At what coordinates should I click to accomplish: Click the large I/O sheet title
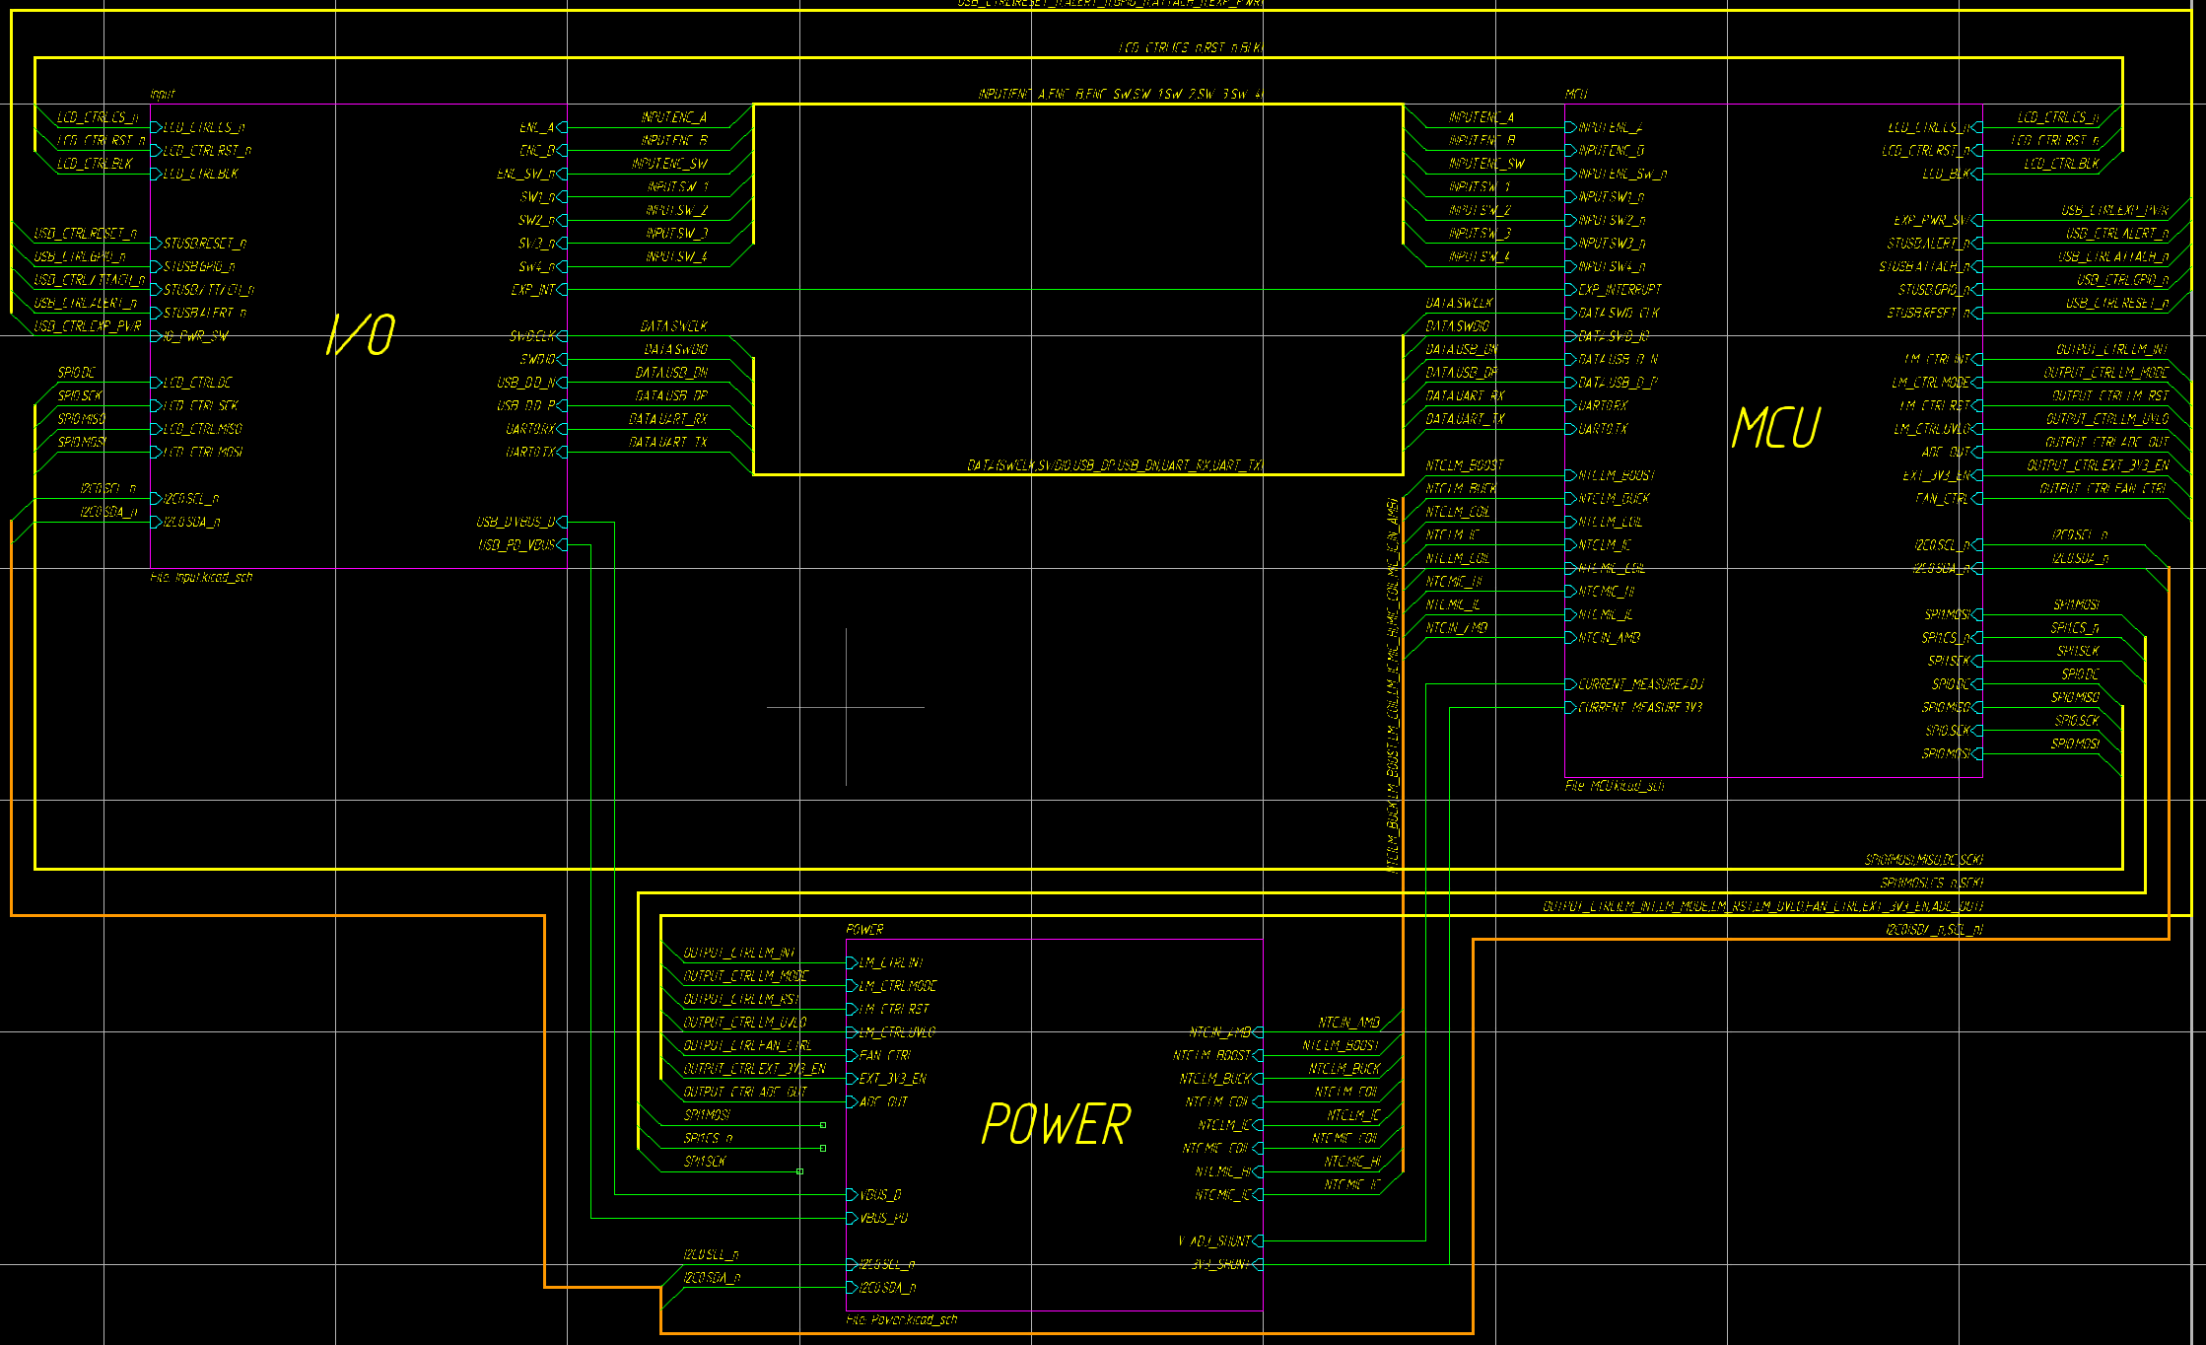361,335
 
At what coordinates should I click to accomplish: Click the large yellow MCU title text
1775,429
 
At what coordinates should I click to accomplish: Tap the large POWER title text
1056,1125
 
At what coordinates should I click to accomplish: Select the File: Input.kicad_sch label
201,577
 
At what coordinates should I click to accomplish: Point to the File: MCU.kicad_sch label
1614,786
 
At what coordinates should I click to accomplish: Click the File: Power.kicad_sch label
901,1319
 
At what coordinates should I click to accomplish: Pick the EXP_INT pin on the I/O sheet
533,290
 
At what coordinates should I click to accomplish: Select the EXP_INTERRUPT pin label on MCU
1620,290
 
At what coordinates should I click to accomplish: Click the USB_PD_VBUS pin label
517,545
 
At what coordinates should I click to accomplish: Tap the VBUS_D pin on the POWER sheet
879,1195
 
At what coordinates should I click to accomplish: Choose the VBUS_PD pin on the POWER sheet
882,1219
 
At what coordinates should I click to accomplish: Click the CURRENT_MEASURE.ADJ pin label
1640,684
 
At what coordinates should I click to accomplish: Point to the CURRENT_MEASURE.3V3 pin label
1640,708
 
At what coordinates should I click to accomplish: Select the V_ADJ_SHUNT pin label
1214,1241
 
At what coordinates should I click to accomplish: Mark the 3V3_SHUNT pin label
1220,1264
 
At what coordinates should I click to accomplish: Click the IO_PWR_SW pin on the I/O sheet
195,336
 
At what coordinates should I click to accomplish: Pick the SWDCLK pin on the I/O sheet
532,336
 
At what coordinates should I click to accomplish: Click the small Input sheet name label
162,95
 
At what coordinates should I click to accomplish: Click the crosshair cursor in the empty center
846,707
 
